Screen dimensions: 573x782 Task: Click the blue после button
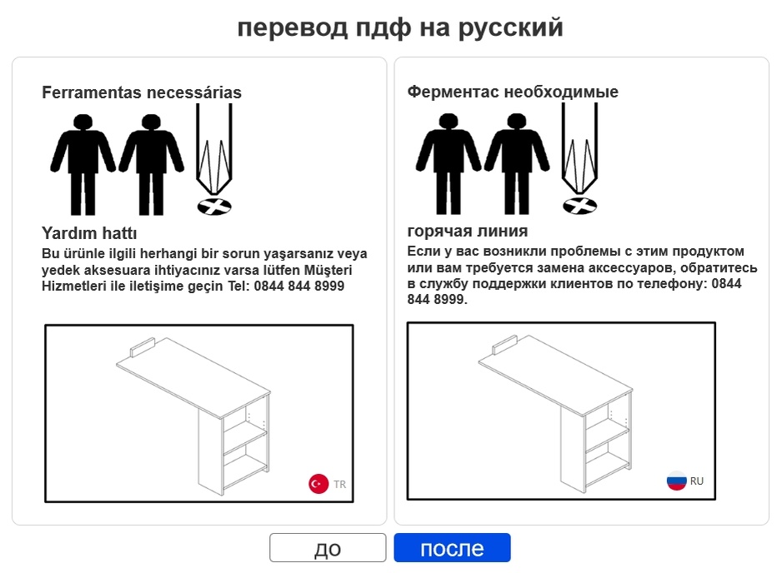pos(452,548)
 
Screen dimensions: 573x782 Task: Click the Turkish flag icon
pos(318,483)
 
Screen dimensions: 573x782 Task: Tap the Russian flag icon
pos(676,481)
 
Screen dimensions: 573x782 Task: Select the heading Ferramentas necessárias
pos(142,92)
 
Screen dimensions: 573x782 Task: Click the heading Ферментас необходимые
pos(513,92)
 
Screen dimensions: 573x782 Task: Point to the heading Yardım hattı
pos(89,233)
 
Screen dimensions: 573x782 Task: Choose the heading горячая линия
pos(468,231)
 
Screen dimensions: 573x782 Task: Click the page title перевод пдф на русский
pos(400,27)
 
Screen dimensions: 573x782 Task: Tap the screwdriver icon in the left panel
pos(214,150)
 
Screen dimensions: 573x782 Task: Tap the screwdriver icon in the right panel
pos(579,150)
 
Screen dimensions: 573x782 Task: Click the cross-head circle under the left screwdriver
pos(214,206)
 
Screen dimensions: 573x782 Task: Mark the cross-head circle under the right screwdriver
pos(579,205)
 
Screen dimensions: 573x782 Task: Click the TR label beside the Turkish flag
pos(340,484)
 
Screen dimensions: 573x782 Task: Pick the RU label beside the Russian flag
pos(697,481)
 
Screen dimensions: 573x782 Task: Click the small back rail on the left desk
pos(143,344)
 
